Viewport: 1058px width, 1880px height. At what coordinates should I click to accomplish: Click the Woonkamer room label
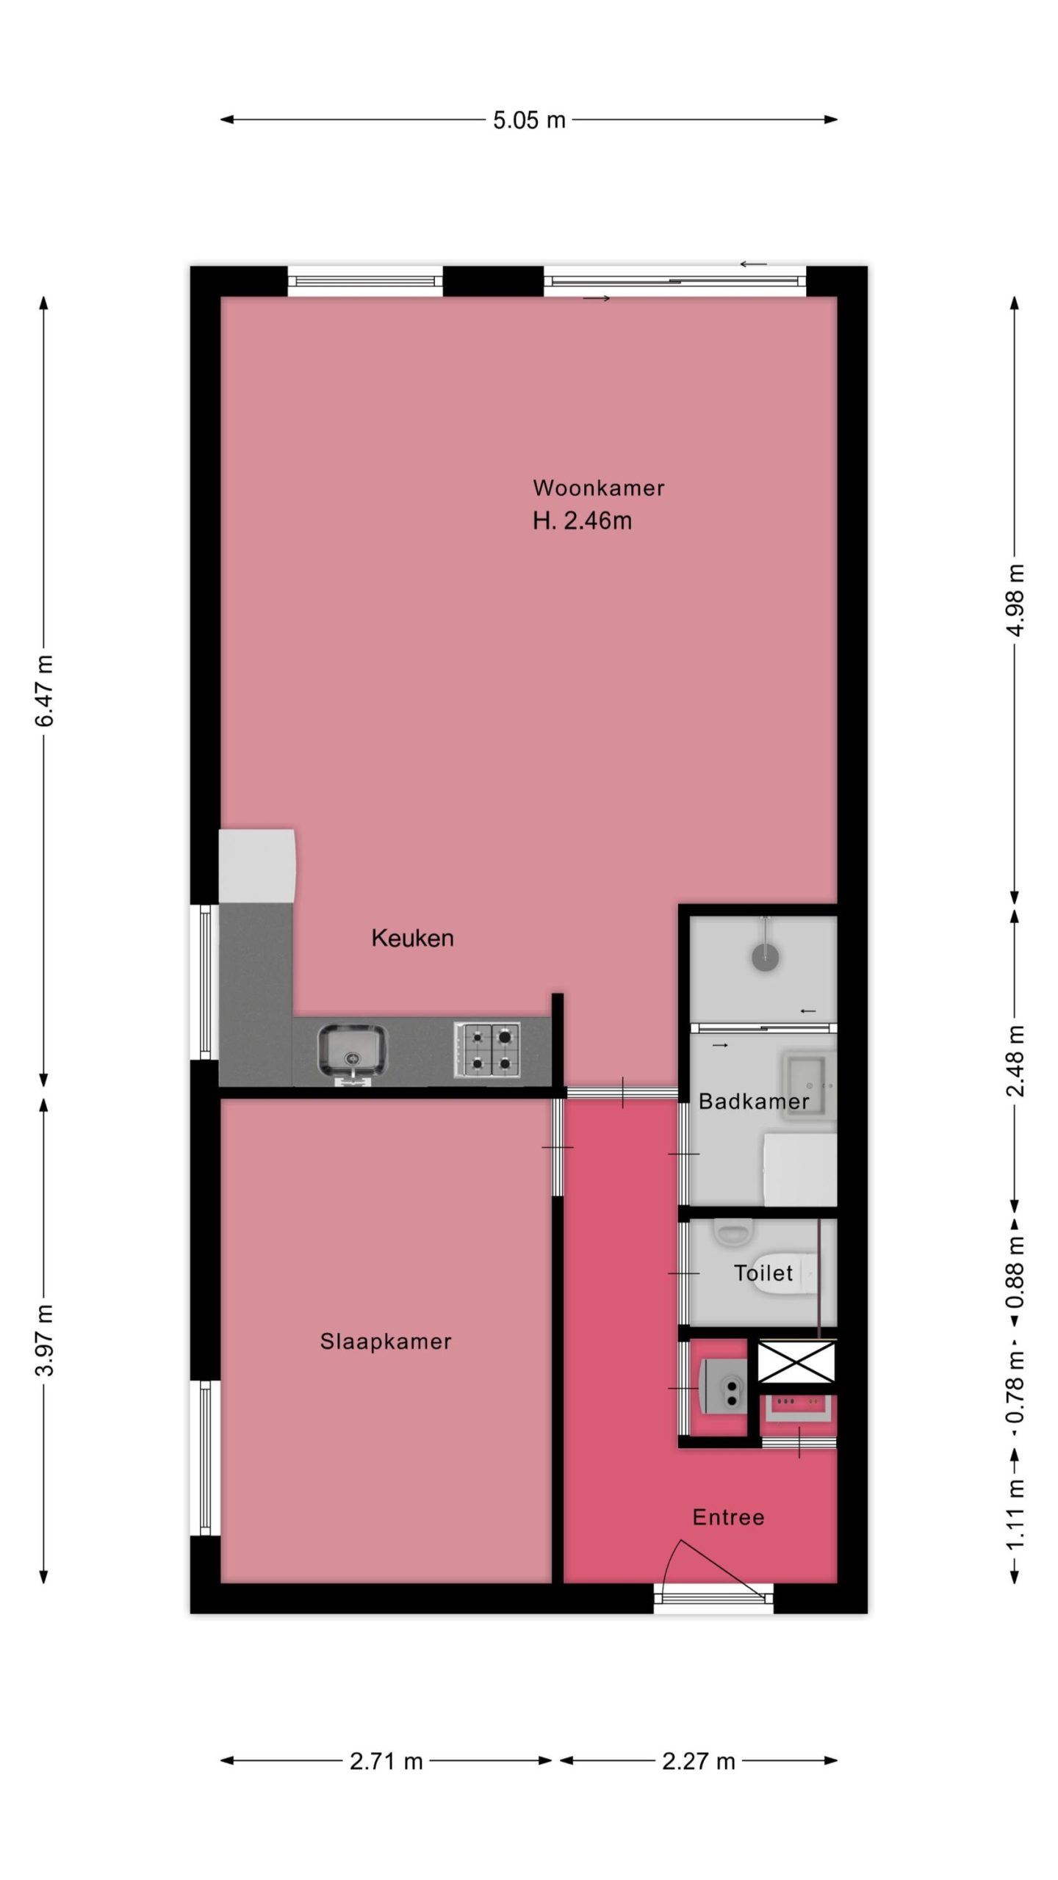(599, 488)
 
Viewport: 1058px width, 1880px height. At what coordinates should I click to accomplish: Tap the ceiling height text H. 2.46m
(582, 521)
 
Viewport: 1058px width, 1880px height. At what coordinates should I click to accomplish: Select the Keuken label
(412, 938)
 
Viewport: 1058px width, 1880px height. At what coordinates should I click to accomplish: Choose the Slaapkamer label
(386, 1342)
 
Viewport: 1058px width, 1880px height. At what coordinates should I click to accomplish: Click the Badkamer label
(754, 1101)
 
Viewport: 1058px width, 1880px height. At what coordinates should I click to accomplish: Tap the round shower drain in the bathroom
(766, 956)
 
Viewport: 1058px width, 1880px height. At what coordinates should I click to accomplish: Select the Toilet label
(763, 1273)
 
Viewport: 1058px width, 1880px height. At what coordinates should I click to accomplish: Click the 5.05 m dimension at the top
(529, 120)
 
